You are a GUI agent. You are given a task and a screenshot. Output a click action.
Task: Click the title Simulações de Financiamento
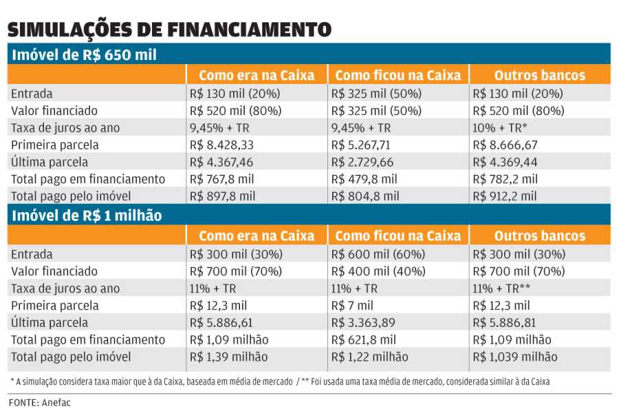click(169, 30)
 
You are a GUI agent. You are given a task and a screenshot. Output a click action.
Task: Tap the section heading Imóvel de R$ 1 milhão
click(87, 215)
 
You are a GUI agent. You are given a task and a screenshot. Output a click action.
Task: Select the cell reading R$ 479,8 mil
click(365, 179)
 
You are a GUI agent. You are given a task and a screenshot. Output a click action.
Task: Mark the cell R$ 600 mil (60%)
click(378, 254)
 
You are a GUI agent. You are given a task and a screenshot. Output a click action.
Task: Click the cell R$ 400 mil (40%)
click(378, 271)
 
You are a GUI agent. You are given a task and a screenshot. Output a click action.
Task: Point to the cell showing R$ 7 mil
click(352, 306)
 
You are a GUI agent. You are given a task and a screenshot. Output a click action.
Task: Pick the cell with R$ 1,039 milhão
click(514, 357)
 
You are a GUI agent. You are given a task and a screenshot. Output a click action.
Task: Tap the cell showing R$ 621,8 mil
click(365, 339)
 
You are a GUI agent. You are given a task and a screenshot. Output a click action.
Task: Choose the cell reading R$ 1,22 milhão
click(370, 357)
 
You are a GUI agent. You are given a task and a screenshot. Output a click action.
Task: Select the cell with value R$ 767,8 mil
click(223, 179)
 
